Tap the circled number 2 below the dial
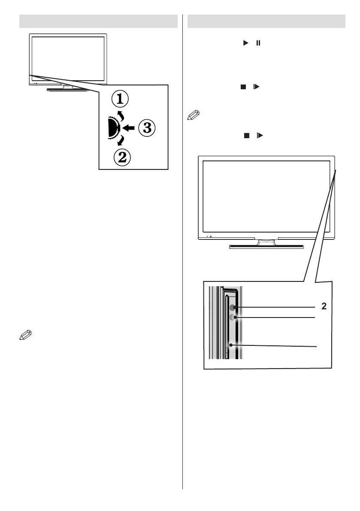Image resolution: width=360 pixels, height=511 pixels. (122, 157)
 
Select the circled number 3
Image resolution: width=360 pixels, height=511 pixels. (146, 128)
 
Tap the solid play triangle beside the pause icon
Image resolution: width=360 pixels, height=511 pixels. (247, 43)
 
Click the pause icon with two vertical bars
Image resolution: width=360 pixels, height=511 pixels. (258, 43)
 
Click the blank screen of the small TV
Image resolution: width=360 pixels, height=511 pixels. (68, 59)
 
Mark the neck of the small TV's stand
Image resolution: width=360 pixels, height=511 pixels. (67, 86)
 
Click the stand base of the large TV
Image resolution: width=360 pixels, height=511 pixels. (266, 247)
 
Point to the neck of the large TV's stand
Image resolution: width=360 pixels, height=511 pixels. (266, 242)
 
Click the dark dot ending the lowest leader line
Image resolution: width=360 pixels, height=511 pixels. (231, 345)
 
